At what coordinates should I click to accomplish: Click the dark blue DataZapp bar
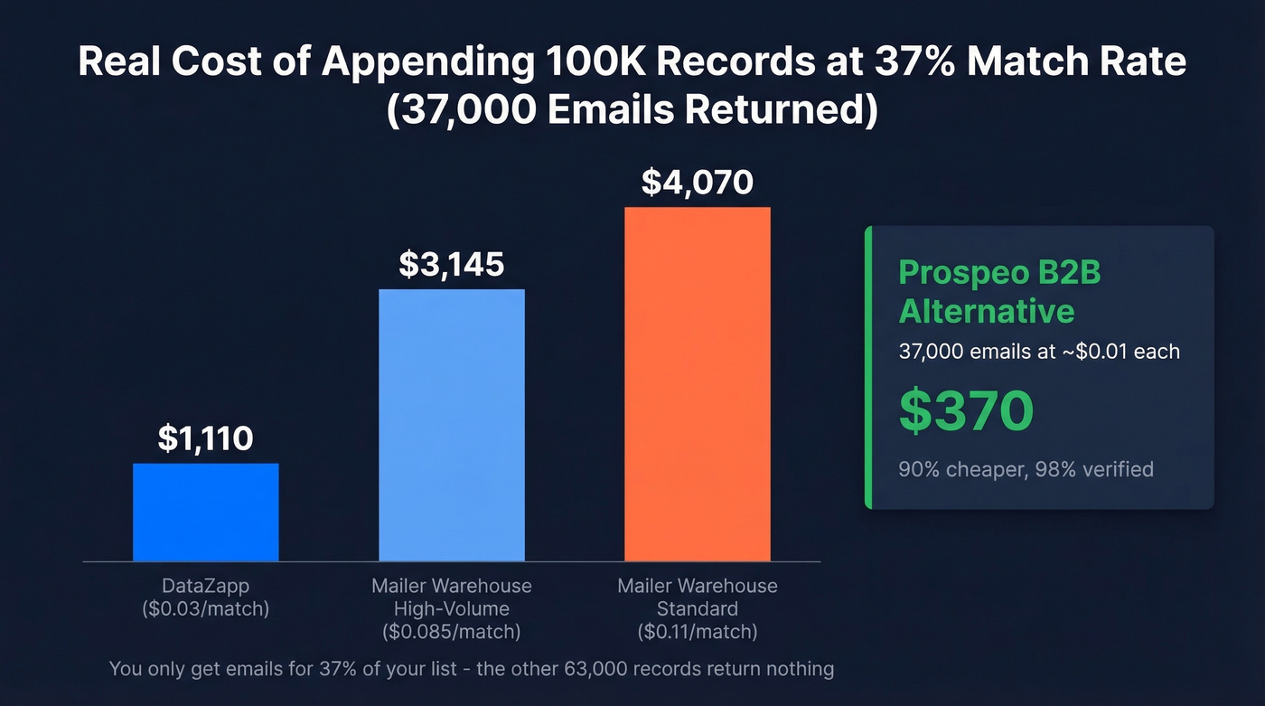click(x=205, y=512)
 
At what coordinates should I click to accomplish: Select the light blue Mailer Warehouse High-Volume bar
click(x=451, y=425)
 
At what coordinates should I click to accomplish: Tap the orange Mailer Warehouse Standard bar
click(x=697, y=384)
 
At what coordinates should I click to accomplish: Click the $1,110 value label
click(x=205, y=438)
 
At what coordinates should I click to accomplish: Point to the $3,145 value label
click(x=451, y=264)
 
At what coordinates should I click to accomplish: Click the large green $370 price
click(x=966, y=411)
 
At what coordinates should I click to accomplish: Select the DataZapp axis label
click(x=205, y=586)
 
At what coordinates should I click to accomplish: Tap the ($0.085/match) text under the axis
click(x=451, y=630)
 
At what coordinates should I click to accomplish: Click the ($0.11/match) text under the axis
click(x=697, y=630)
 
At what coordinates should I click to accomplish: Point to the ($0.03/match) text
click(x=205, y=608)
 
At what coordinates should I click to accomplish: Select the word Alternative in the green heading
click(x=987, y=312)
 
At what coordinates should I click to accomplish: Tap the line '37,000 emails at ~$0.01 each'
click(x=1039, y=352)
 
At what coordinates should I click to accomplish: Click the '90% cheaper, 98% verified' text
click(x=1026, y=469)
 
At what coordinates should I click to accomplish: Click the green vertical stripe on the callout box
click(x=868, y=367)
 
